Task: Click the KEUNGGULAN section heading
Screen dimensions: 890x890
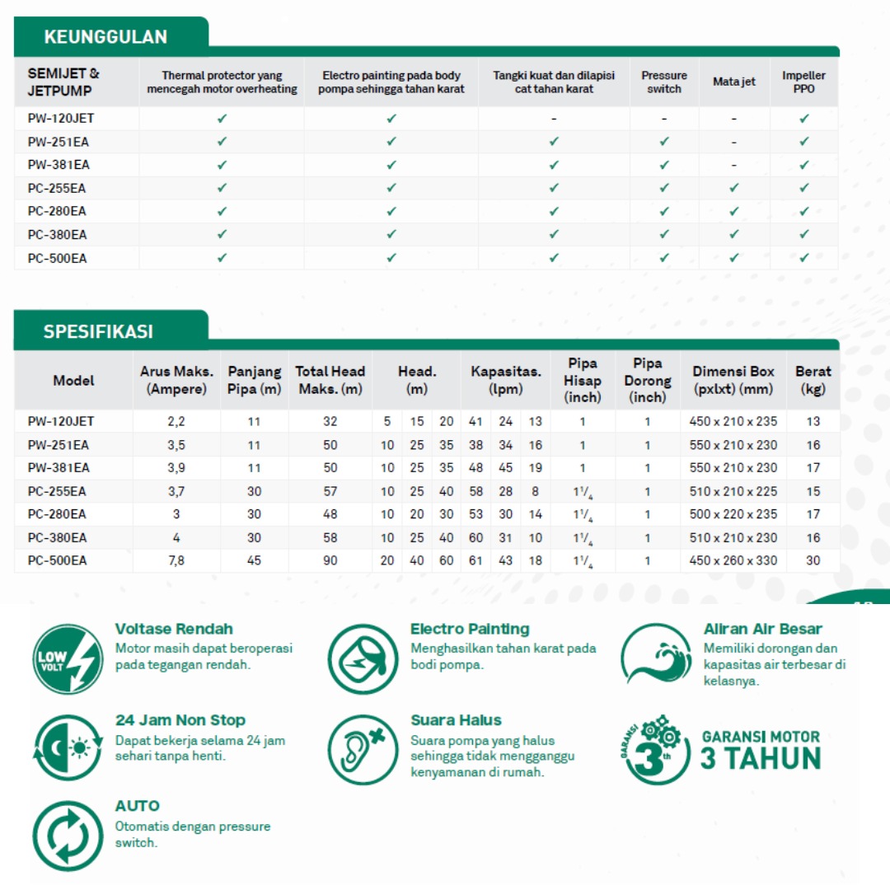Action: [x=105, y=37]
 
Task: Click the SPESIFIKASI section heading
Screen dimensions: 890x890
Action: [x=98, y=332]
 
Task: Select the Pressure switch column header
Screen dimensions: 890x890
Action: [x=664, y=82]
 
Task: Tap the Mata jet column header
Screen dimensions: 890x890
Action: [x=733, y=82]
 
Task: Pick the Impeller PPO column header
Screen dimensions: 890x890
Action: [x=803, y=82]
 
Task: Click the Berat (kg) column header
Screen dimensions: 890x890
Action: [x=813, y=380]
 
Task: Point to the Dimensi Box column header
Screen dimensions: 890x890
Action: [x=733, y=380]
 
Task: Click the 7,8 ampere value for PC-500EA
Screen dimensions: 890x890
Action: [x=176, y=560]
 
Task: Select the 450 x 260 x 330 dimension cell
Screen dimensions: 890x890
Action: [x=733, y=560]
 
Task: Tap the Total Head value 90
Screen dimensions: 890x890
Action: [x=330, y=560]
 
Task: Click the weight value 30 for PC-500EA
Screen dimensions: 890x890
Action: [x=813, y=560]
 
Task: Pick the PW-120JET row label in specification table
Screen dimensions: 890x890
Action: [x=61, y=421]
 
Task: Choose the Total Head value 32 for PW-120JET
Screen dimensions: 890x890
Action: [x=330, y=421]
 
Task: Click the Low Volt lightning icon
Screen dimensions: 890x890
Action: [x=68, y=658]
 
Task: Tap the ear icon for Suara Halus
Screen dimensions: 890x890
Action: [x=363, y=749]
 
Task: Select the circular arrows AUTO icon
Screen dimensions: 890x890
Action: [x=68, y=836]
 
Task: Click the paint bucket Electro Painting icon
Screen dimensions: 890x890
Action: [x=363, y=658]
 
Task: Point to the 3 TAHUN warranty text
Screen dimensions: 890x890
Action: [x=761, y=757]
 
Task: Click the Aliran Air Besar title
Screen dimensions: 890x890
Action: [x=763, y=629]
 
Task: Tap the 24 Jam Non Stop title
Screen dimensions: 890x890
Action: [x=180, y=720]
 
